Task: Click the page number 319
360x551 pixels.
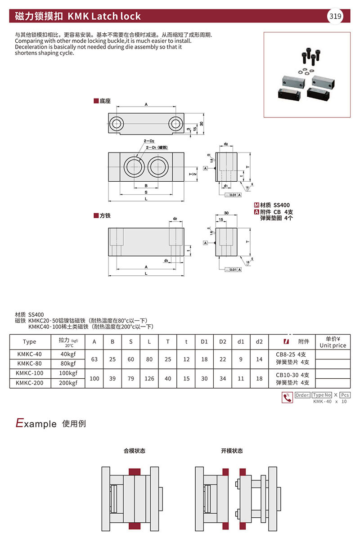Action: point(335,17)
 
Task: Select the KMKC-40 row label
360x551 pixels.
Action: point(29,354)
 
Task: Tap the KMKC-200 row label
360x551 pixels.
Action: point(29,383)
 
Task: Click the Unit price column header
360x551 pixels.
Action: point(333,342)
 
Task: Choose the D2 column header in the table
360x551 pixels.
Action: point(222,342)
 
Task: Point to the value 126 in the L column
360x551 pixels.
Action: point(149,378)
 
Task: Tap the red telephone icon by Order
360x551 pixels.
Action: point(287,398)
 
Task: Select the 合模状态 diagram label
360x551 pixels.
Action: point(134,451)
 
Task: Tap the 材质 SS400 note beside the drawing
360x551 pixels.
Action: point(274,205)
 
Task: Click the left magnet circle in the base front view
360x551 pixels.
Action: point(135,167)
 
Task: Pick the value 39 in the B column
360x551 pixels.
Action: point(112,378)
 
